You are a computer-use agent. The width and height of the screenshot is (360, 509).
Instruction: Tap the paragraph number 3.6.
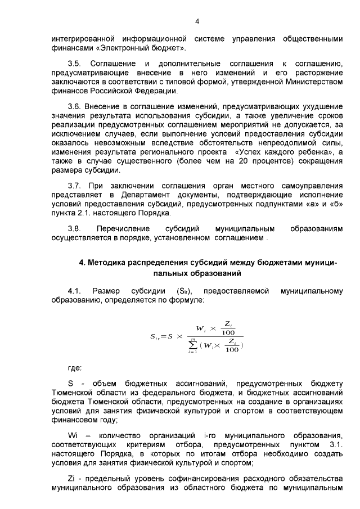[x=75, y=106]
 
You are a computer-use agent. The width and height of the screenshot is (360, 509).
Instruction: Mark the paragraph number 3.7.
[x=75, y=186]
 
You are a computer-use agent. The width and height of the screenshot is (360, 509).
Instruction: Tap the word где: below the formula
[x=75, y=368]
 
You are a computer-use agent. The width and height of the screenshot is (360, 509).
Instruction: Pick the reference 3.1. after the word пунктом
[x=334, y=445]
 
